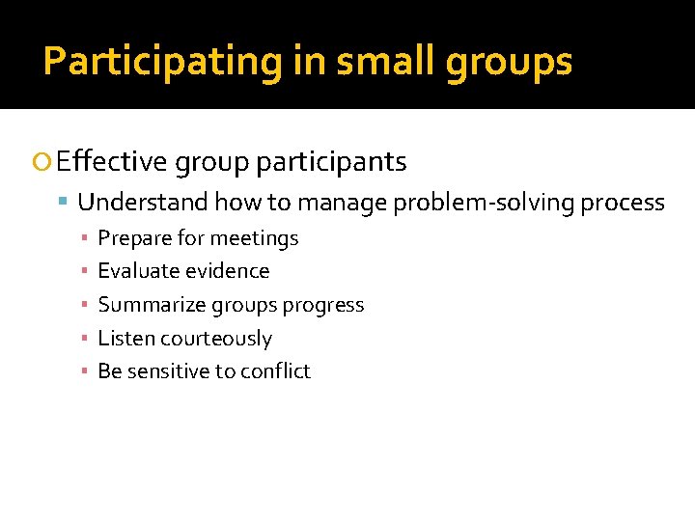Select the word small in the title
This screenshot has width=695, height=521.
pos(368,62)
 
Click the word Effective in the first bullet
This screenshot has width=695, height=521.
pos(112,162)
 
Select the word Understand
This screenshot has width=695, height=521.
pos(143,203)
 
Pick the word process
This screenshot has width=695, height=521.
pos(627,203)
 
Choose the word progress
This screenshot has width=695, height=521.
pos(322,305)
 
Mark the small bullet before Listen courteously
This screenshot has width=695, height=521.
pos(85,339)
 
